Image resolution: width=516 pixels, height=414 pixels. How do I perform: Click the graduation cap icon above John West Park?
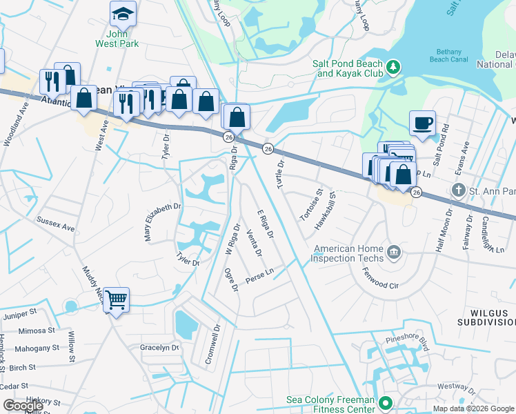(123, 13)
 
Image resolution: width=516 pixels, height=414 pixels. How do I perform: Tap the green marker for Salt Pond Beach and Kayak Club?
(393, 67)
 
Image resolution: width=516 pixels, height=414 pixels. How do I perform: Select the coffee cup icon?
(422, 123)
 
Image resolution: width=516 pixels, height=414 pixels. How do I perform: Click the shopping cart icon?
(117, 300)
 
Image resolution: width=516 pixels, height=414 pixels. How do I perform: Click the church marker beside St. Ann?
(458, 189)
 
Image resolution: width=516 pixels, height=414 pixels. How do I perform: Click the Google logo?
(23, 406)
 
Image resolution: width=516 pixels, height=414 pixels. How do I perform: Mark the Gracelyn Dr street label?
(159, 347)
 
